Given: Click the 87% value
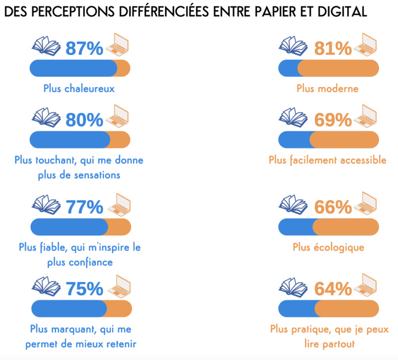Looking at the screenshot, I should [84, 49].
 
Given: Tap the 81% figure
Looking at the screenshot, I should [333, 49].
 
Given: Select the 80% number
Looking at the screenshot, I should [84, 120].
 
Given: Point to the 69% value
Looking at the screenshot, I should [333, 120].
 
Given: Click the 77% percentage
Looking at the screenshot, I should [84, 206].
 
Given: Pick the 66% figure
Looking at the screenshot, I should [333, 206].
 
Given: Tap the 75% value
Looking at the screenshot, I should [84, 288].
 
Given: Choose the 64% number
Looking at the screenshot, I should [333, 288].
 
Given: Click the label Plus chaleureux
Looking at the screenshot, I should [79, 88].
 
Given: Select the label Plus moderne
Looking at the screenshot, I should [328, 88].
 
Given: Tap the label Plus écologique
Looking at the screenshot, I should [328, 247].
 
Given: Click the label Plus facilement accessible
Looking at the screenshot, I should [328, 160].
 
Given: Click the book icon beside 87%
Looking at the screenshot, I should [46, 46].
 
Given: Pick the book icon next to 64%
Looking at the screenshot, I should [293, 287].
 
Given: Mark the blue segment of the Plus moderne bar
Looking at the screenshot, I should [288, 68].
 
